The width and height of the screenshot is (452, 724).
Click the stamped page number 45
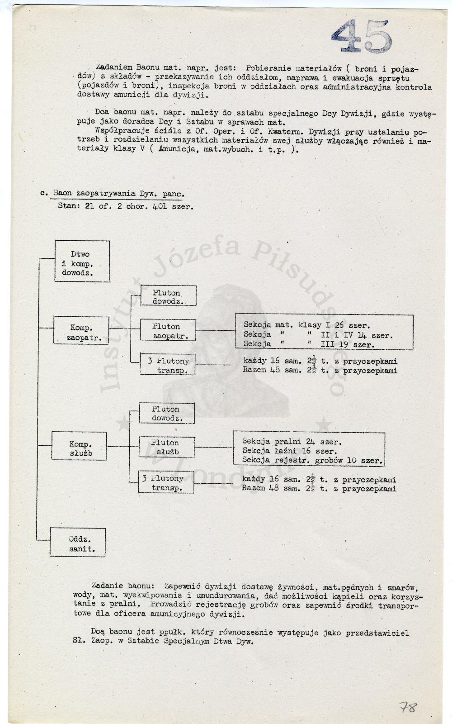(362, 36)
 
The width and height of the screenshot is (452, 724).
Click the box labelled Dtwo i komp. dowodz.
(82, 261)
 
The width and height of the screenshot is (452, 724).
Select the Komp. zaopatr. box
(81, 330)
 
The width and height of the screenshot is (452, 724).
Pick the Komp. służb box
(79, 446)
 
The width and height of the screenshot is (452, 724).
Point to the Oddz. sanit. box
(77, 542)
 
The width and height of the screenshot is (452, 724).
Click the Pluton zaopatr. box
(168, 330)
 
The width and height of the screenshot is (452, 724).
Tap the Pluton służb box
(167, 447)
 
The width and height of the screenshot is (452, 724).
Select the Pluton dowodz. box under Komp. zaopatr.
(168, 295)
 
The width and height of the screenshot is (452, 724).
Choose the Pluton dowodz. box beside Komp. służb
(167, 413)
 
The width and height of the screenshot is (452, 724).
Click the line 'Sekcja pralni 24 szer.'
(292, 442)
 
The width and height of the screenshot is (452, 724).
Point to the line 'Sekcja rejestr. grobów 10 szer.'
(312, 460)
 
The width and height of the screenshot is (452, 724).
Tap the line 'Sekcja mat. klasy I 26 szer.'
(307, 325)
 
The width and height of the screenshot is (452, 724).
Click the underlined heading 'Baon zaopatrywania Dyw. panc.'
(119, 194)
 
